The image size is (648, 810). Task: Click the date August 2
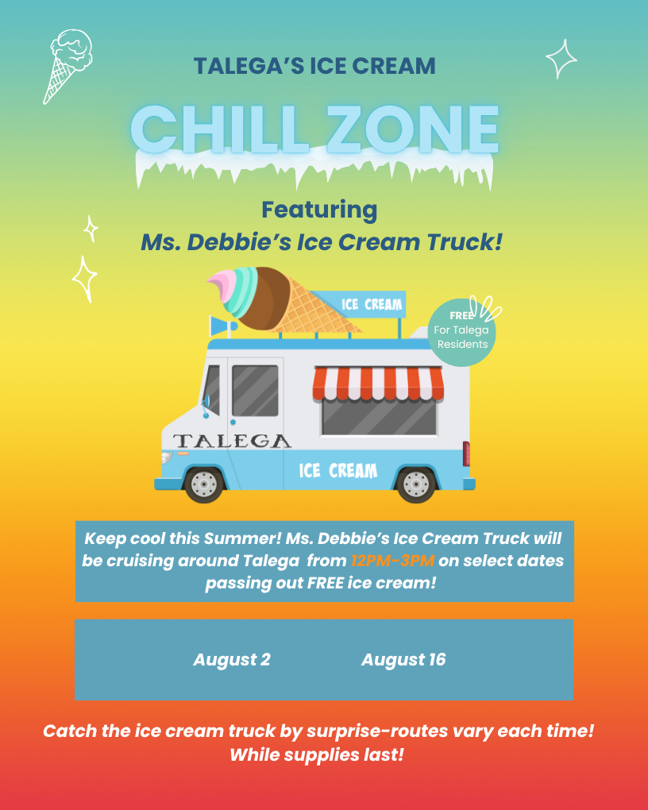(x=232, y=660)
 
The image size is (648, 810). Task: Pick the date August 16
(x=403, y=660)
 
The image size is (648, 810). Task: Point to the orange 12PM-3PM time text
(x=392, y=561)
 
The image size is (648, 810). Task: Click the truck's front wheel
(x=204, y=482)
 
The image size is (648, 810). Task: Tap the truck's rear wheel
(x=417, y=482)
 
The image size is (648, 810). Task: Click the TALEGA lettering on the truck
(x=232, y=441)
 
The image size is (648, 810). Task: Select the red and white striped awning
(x=378, y=383)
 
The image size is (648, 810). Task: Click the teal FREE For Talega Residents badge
(x=461, y=333)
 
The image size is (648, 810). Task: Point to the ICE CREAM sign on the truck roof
(x=372, y=304)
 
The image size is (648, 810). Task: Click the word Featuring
(x=319, y=210)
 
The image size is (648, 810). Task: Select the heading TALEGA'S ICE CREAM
(x=315, y=66)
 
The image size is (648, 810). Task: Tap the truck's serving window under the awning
(x=379, y=416)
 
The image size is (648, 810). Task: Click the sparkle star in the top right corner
(x=561, y=59)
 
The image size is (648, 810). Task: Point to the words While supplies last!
(x=317, y=754)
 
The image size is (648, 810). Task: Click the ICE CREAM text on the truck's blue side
(x=337, y=471)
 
